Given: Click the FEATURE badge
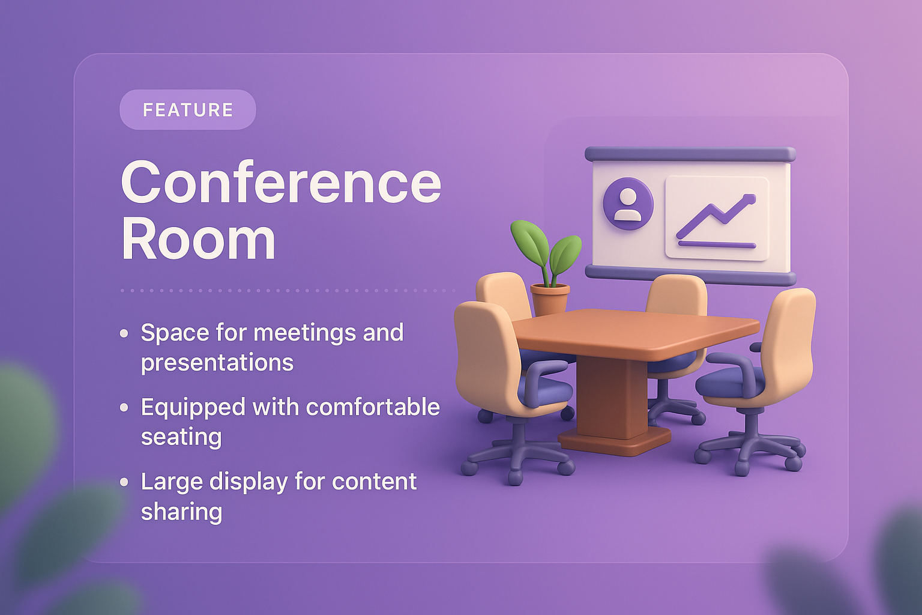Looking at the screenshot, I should pos(188,110).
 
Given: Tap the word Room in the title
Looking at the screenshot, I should pos(198,240).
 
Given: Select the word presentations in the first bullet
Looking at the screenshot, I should pos(217,363).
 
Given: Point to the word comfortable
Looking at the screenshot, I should pos(373,407).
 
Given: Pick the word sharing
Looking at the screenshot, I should pos(181,512).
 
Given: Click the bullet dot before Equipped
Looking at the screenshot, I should pos(124,407).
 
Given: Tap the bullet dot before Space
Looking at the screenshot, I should pos(124,333).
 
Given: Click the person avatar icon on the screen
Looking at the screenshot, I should pos(628,203).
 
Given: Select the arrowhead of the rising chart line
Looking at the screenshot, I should pos(748,198).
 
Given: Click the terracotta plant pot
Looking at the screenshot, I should pos(550,299).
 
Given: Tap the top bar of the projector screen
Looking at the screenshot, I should pos(690,154).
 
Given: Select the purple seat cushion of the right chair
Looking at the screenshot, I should pos(730,381).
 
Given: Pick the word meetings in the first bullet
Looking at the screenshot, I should pos(306,333).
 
